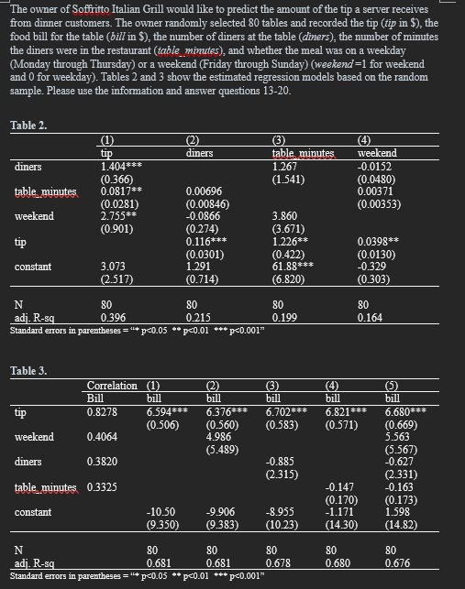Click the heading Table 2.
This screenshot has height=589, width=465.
[28, 125]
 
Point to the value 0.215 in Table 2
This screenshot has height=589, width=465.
[198, 316]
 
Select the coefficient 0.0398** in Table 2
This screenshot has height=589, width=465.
[377, 242]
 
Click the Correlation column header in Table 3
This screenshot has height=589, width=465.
[111, 386]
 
